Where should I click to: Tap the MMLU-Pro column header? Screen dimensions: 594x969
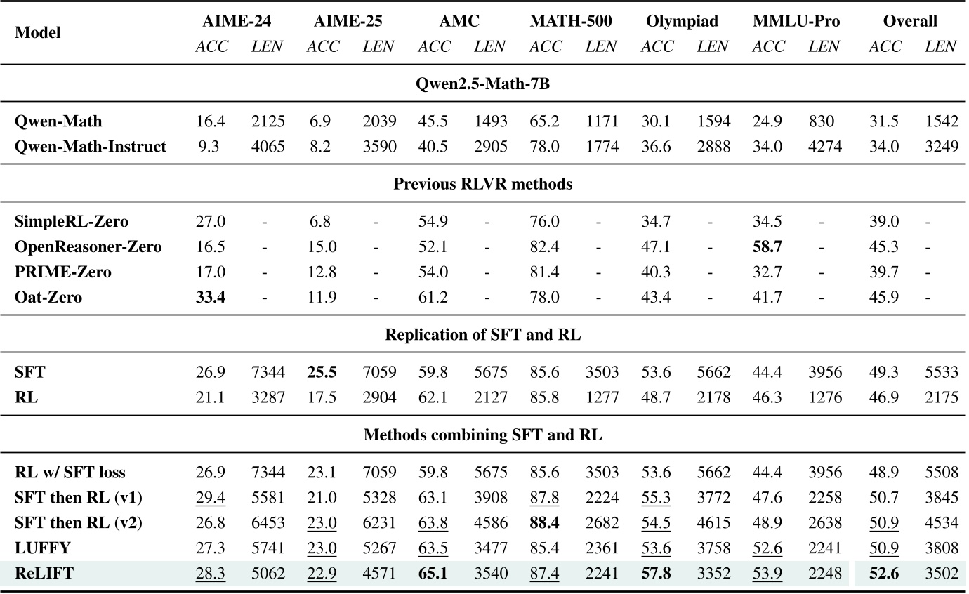796,21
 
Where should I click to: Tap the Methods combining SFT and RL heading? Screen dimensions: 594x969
483,435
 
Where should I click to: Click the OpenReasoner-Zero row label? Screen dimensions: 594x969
88,247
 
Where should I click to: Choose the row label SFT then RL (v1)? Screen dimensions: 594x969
79,498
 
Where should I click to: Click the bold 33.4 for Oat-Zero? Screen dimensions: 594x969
210,298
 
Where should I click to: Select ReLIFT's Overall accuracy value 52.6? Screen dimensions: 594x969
885,574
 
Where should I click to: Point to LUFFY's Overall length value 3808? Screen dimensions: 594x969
941,548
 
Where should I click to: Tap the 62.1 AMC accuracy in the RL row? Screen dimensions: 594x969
433,398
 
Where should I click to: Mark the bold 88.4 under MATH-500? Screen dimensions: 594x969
545,523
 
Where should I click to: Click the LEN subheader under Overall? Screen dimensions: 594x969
941,47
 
